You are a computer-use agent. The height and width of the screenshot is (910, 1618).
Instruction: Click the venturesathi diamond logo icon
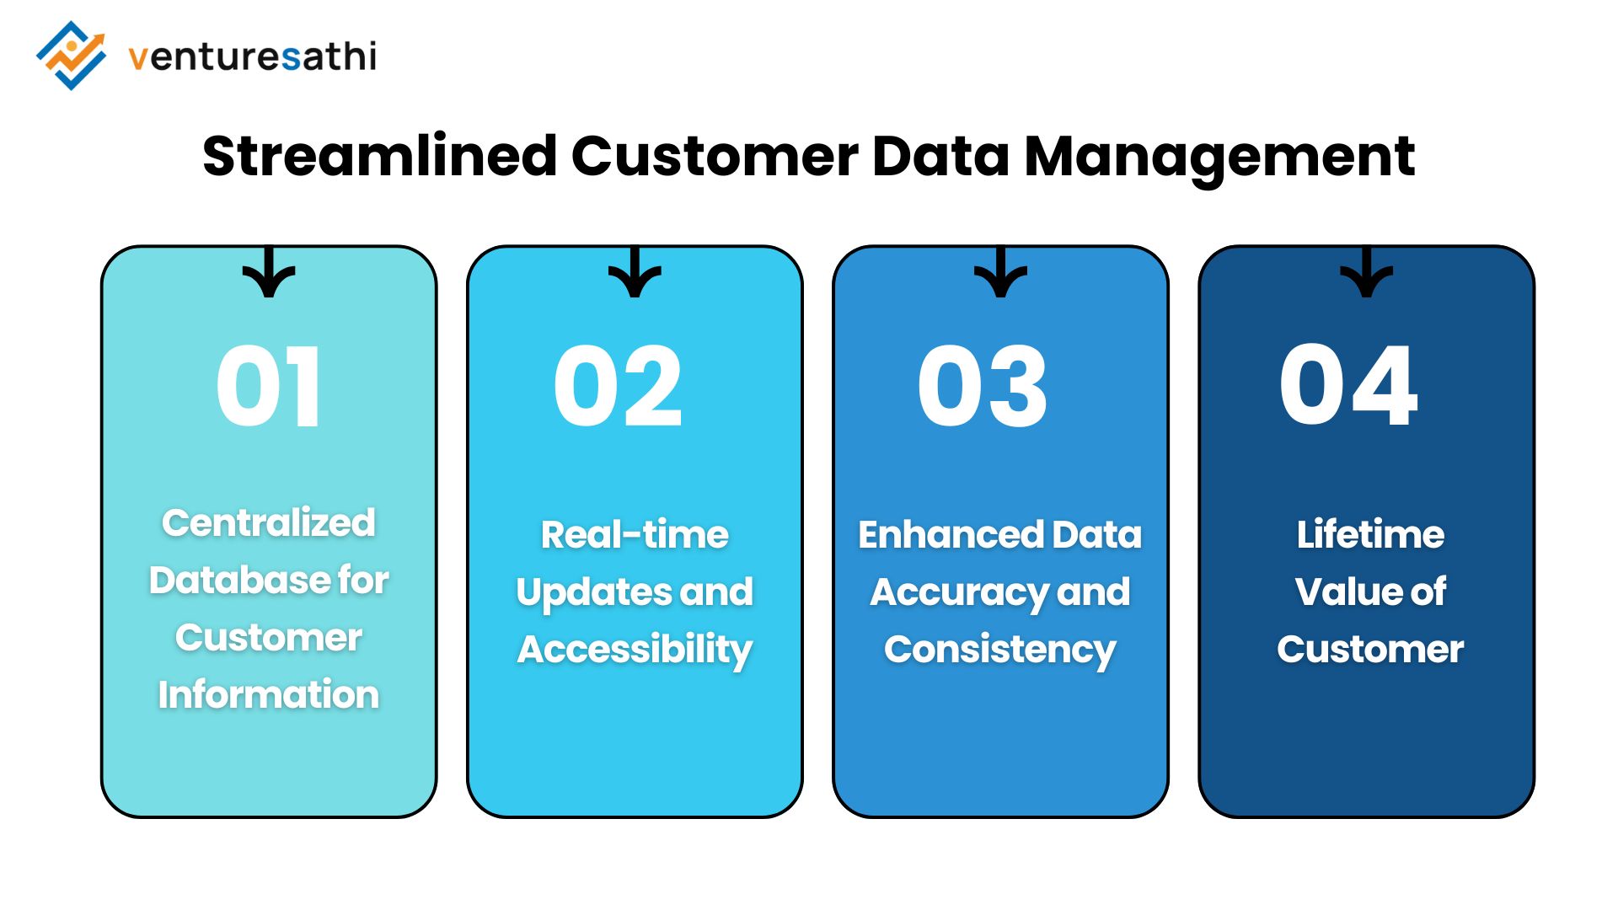[x=72, y=56]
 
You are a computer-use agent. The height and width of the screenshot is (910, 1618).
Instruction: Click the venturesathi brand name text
[x=252, y=56]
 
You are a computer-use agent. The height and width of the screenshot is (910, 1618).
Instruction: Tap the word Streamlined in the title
[x=379, y=157]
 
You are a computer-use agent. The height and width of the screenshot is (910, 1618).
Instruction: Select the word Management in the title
[x=1219, y=157]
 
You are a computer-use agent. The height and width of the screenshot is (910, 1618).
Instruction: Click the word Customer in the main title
[x=715, y=157]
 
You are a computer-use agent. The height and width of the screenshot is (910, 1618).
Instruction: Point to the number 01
[x=268, y=387]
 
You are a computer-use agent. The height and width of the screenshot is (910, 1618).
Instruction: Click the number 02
[x=618, y=387]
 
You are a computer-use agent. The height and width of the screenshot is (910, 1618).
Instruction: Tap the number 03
[x=983, y=387]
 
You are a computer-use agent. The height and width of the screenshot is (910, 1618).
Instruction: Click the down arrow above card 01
[x=269, y=273]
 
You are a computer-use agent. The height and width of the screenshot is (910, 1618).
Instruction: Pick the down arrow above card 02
[x=635, y=273]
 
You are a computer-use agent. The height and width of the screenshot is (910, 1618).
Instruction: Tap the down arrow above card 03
[x=1000, y=273]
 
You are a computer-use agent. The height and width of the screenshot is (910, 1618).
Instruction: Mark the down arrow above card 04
[x=1366, y=273]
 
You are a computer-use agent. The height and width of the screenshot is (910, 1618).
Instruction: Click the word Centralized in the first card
[x=269, y=522]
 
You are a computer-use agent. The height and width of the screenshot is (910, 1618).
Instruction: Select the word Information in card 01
[x=269, y=694]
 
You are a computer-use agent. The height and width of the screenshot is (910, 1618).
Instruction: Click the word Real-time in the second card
[x=635, y=534]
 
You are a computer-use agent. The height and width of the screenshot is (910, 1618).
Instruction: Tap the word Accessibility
[x=635, y=650]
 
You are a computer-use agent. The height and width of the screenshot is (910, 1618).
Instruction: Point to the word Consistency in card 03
[x=1000, y=650]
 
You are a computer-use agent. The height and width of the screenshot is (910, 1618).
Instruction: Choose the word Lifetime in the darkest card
[x=1370, y=534]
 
